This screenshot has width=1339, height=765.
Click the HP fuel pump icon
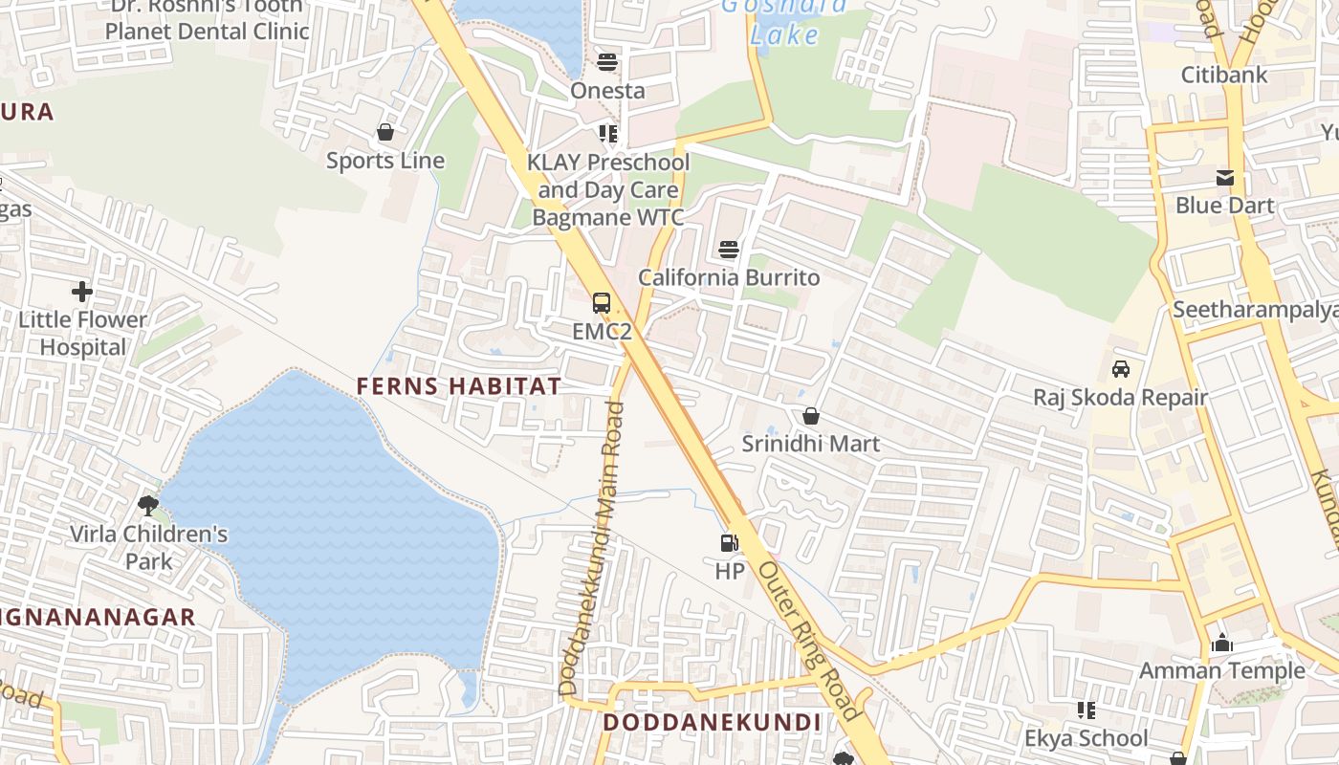click(729, 543)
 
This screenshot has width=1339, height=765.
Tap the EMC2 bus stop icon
click(602, 303)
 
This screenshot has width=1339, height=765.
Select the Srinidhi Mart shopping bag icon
click(810, 416)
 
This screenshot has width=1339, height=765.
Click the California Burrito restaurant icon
click(729, 250)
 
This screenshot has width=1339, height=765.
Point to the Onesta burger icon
click(607, 63)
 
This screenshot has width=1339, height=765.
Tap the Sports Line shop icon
click(385, 132)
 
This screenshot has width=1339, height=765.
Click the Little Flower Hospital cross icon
click(82, 291)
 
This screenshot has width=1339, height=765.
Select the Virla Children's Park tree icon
click(147, 504)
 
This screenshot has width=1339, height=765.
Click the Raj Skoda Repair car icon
click(1120, 368)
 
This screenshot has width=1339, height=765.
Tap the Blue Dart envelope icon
click(1224, 178)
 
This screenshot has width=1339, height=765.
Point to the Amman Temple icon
click(1221, 643)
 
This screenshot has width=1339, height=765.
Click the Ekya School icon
click(1086, 710)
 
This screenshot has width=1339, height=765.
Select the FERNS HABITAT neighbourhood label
click(459, 386)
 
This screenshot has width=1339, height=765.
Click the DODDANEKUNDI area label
click(712, 722)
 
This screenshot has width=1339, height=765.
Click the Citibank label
click(1224, 75)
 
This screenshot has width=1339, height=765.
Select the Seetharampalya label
click(1253, 309)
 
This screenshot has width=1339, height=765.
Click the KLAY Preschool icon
click(607, 133)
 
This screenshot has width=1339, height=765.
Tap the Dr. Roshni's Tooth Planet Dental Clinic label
click(208, 19)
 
